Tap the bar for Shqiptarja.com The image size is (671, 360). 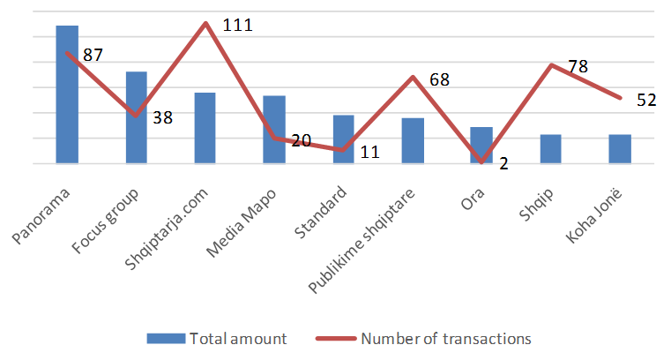point(205,128)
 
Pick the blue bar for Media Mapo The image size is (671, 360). point(274,130)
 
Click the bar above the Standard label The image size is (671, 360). point(343,139)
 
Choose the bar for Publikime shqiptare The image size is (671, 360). point(413,141)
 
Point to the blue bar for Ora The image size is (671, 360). point(481,146)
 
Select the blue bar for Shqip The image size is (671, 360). point(550,149)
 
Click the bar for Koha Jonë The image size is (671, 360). point(620,149)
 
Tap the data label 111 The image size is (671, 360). point(237,25)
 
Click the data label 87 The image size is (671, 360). point(93,55)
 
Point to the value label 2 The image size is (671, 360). point(503,163)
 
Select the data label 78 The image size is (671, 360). point(578,66)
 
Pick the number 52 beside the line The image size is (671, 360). point(646,100)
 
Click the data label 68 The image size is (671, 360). point(439,79)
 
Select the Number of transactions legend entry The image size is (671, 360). point(436,338)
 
